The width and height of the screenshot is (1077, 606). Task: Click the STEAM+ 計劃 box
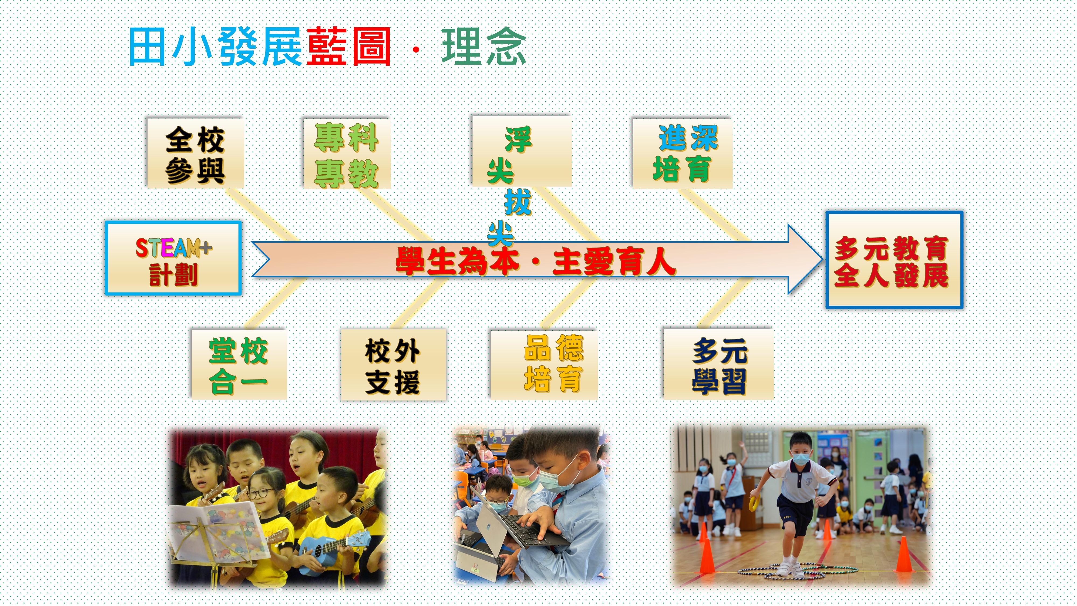[x=173, y=258]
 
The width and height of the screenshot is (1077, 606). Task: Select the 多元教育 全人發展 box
[x=894, y=260]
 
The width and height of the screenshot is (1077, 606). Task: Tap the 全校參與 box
[x=195, y=153]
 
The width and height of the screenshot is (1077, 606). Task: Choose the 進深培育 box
[x=682, y=153]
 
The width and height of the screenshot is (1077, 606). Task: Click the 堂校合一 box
[x=239, y=364]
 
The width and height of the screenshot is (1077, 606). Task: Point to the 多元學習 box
[x=718, y=364]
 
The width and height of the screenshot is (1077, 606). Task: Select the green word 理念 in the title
[x=484, y=46]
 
